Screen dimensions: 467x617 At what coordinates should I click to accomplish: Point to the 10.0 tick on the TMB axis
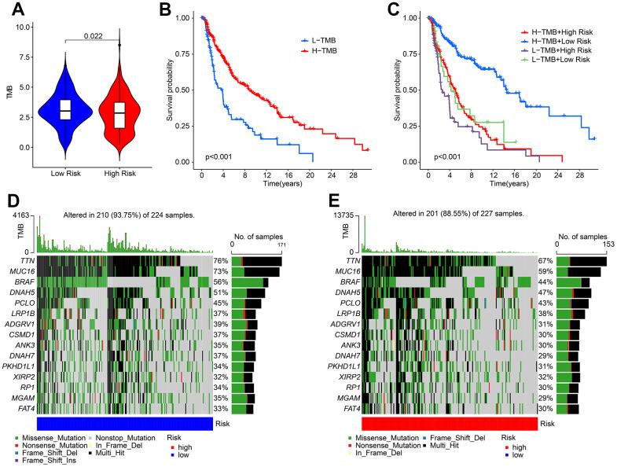pos(23,28)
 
